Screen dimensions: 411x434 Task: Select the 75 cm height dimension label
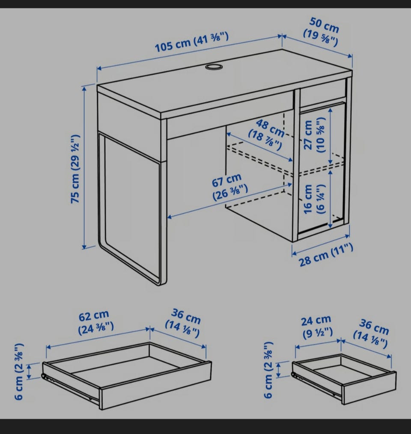point(75,169)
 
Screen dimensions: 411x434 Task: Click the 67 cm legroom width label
point(229,187)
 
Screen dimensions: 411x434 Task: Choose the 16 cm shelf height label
point(314,199)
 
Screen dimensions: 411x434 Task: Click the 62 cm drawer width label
point(95,322)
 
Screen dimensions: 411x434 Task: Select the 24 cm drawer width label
point(316,326)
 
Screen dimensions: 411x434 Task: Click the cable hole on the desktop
point(214,67)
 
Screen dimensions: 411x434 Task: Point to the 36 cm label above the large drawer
point(183,323)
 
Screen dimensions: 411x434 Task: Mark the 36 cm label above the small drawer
point(371,333)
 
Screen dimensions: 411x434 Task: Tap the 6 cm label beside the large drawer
point(19,372)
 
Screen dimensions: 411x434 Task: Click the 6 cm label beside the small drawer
point(268,370)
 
